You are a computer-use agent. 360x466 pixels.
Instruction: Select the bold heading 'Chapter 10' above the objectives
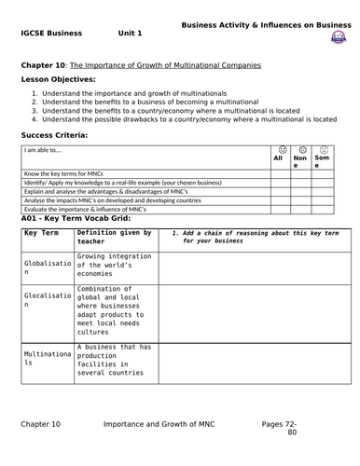click(44, 65)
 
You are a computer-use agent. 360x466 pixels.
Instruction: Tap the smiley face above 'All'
click(277, 149)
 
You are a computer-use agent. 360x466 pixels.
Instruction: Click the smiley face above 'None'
click(300, 149)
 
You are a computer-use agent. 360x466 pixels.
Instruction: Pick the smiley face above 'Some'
click(324, 149)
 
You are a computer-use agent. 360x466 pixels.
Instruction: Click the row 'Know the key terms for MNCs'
click(66, 174)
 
